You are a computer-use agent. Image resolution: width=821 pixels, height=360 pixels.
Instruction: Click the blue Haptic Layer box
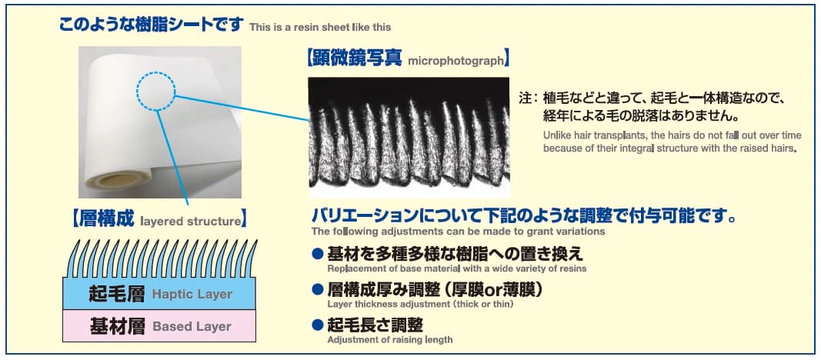coord(159,294)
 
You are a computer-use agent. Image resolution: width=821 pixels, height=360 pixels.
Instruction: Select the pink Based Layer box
coord(159,326)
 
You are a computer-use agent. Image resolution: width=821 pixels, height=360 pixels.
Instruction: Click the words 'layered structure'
coord(190,222)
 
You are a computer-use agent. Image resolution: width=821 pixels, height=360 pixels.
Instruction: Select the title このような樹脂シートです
coord(152,24)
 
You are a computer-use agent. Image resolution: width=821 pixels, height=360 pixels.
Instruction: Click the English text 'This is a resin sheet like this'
coord(320,27)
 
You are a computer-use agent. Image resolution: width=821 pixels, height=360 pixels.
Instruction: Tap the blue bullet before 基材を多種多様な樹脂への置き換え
coord(317,254)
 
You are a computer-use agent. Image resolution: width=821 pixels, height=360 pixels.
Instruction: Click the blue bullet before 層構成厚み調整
coord(317,288)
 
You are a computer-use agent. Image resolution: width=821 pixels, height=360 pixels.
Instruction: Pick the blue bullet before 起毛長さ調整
coord(317,325)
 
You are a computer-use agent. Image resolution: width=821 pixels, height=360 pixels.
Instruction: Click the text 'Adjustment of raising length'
coord(389,339)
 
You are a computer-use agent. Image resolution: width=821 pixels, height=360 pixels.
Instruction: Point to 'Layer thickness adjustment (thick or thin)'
coord(420,304)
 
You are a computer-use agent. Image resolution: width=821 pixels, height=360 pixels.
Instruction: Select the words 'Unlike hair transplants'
coord(590,135)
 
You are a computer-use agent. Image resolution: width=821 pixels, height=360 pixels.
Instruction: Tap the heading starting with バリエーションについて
coord(524,215)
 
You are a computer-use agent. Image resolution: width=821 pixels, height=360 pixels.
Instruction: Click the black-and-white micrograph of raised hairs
coord(409,137)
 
